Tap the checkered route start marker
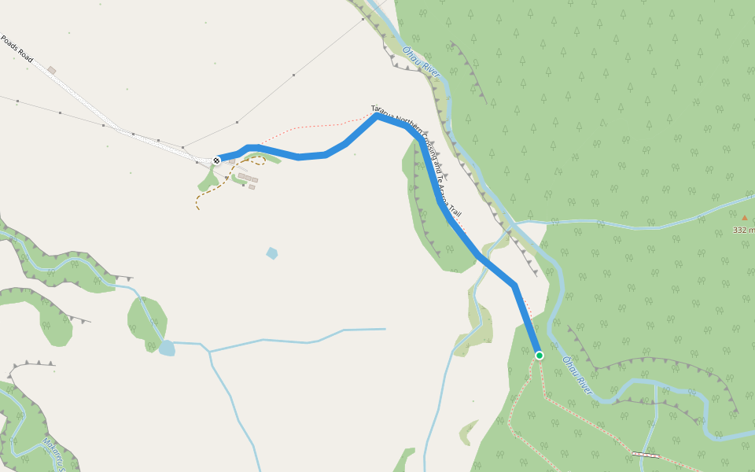216,160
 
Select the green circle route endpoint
539,356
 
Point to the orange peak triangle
744,218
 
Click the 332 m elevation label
742,230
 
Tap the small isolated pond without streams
272,253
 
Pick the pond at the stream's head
166,348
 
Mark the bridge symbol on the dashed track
646,455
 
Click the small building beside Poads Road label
51,70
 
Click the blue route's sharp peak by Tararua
377,117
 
